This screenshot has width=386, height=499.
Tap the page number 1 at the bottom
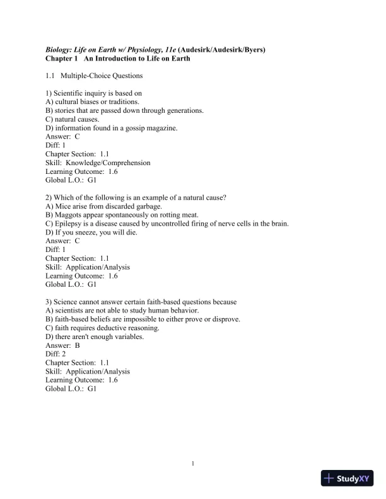[193, 464]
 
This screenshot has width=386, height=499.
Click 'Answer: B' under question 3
[62, 345]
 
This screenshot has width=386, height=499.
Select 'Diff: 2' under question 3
[56, 354]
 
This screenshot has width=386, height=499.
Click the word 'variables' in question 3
[128, 336]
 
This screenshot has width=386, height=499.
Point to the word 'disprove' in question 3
[226, 319]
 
